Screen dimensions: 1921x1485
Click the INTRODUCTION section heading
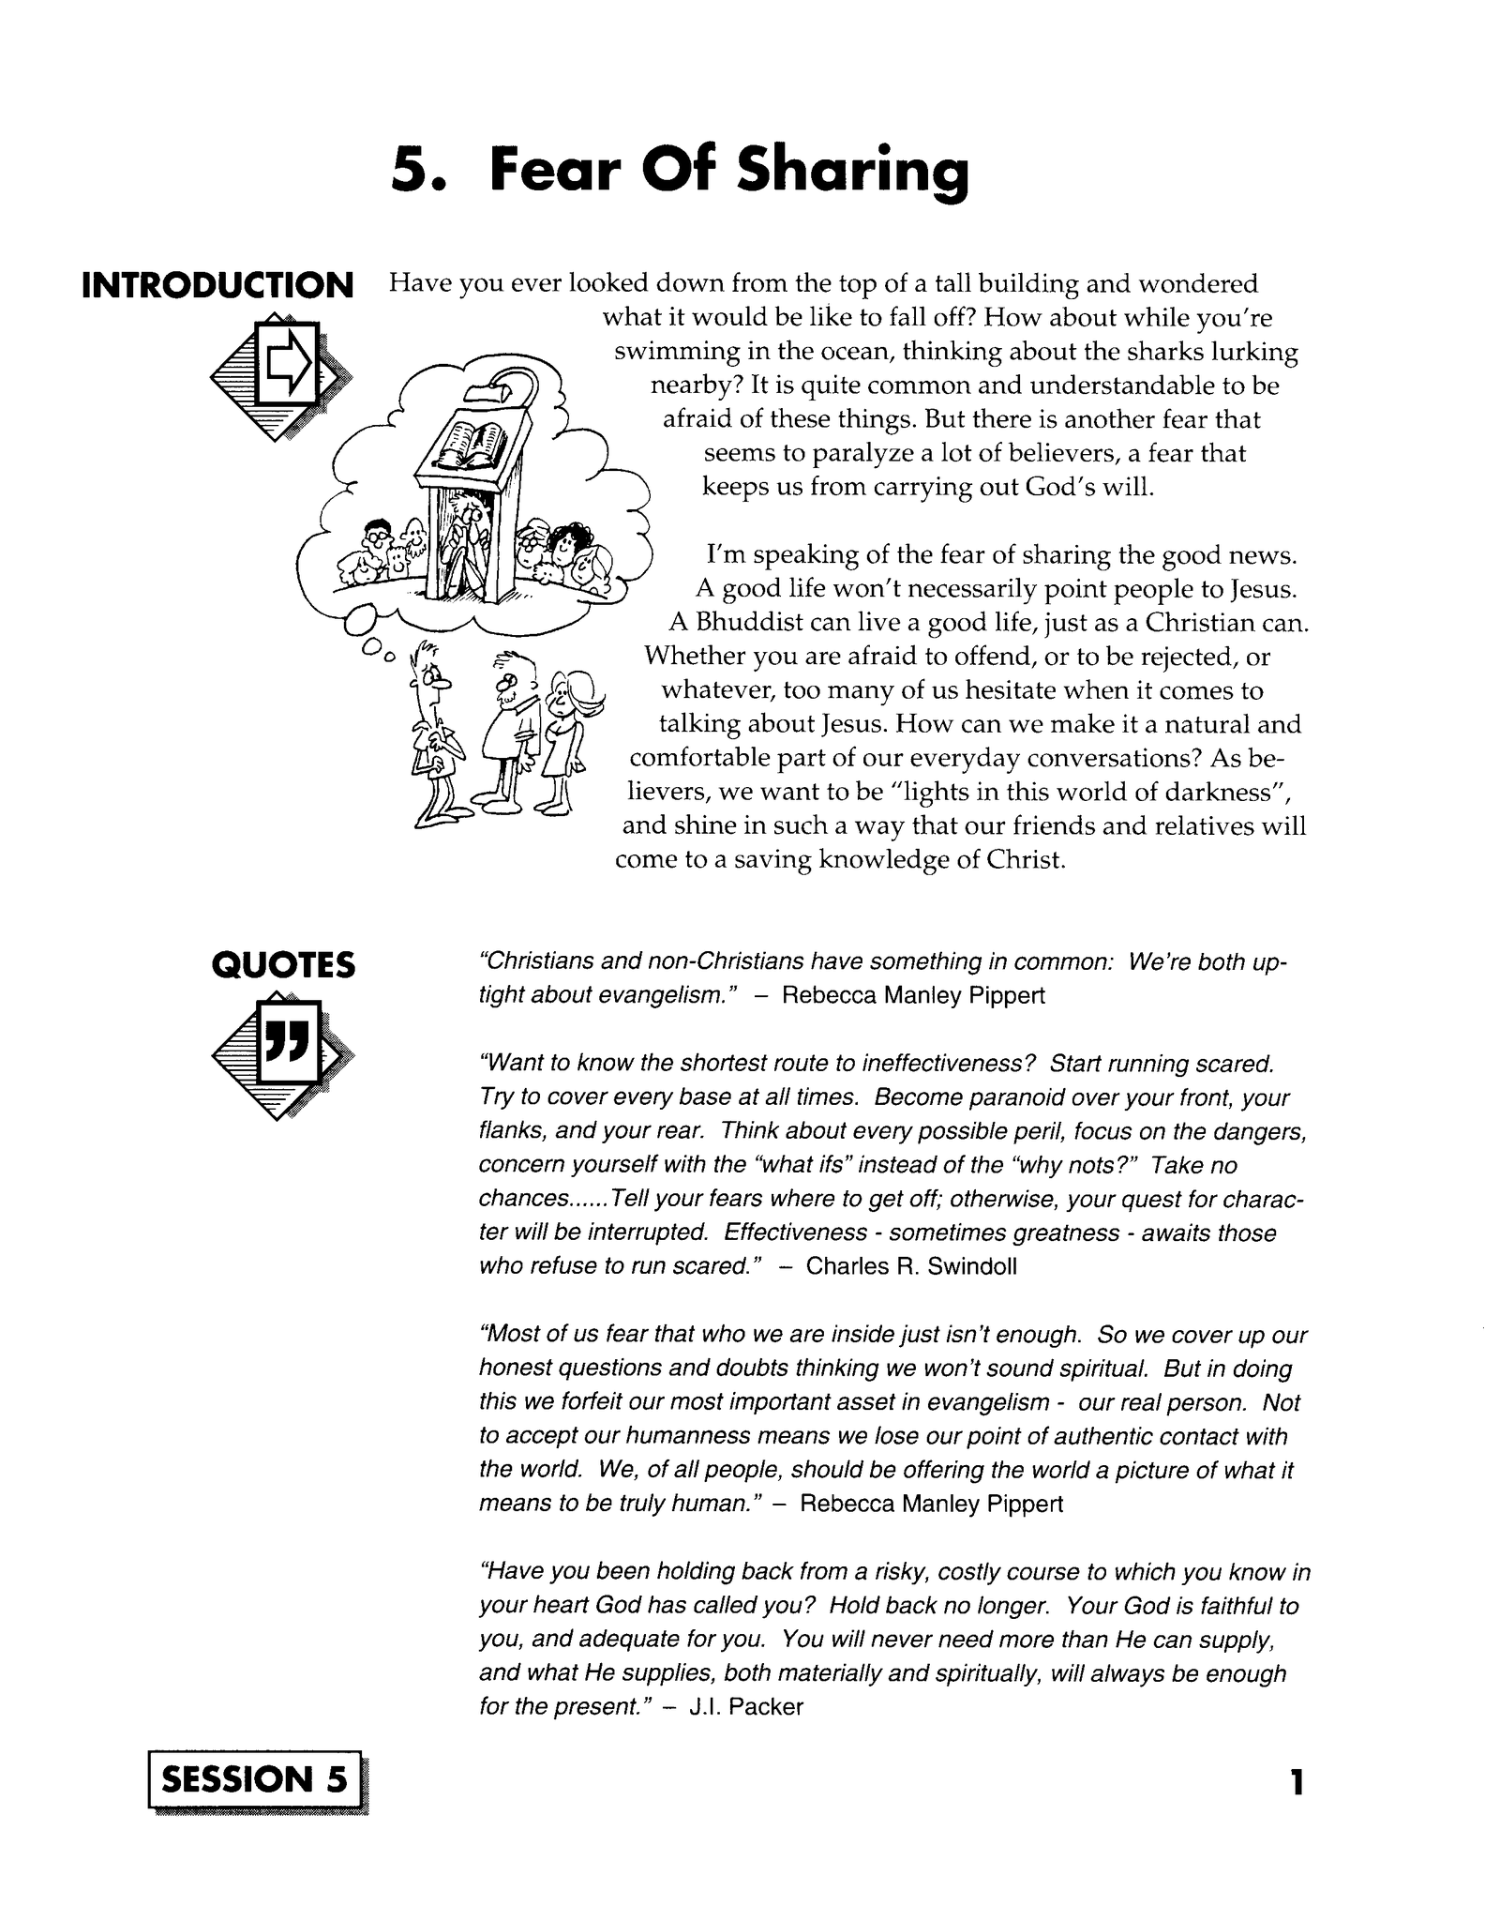[217, 285]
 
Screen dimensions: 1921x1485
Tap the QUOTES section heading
[284, 964]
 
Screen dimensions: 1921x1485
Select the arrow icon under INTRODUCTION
[284, 372]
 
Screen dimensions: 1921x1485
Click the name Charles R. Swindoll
[911, 1266]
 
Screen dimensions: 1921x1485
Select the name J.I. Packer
[746, 1707]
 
